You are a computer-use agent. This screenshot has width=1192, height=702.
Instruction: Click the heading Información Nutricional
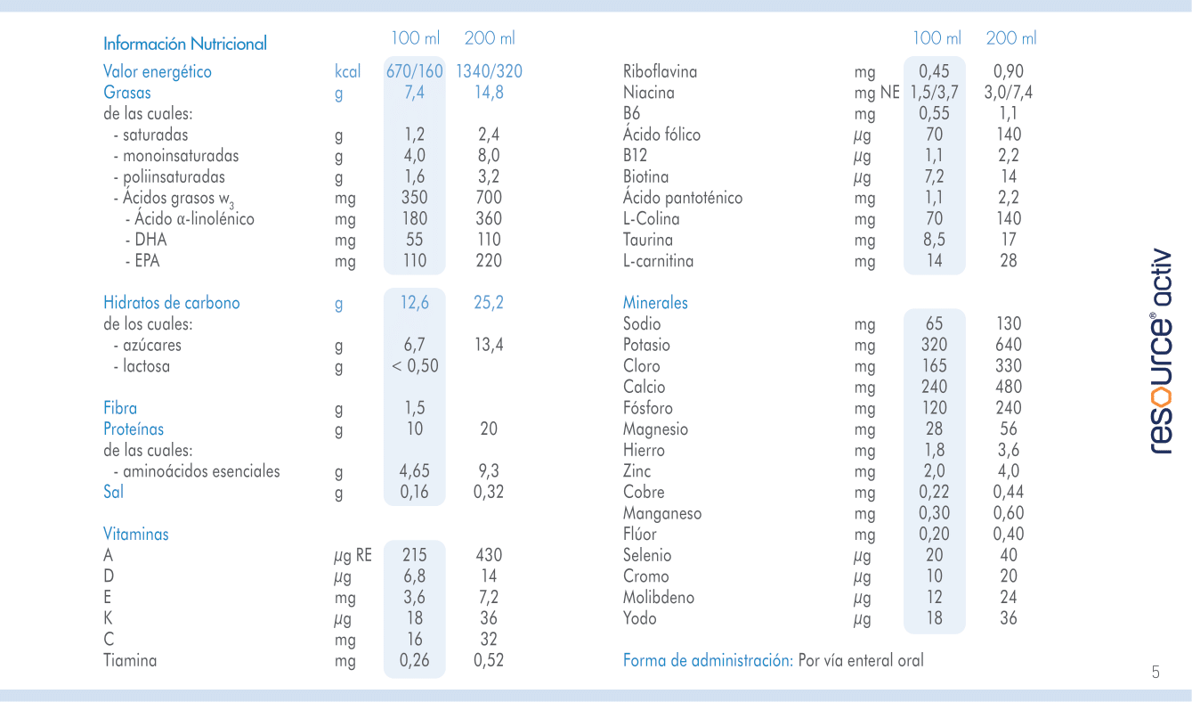(185, 44)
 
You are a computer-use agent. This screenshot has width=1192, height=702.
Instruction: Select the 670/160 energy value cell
(414, 71)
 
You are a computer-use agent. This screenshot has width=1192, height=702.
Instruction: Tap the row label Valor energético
(158, 71)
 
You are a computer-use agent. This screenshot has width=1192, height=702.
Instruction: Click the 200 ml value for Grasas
(489, 93)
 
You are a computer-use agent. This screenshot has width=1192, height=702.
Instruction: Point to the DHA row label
(150, 240)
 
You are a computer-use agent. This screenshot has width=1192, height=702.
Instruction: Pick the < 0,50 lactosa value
(415, 366)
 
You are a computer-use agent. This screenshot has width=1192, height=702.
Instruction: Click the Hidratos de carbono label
(172, 303)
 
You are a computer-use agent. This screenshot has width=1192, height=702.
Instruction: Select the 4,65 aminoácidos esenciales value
(414, 471)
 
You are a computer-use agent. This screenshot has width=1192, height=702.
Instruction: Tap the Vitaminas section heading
(135, 535)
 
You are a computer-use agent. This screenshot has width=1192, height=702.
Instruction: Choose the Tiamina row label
(130, 661)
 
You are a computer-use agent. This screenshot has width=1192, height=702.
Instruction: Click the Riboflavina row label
(660, 71)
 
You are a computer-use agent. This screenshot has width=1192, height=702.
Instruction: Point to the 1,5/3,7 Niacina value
(933, 93)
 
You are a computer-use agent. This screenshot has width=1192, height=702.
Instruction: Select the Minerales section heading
(655, 303)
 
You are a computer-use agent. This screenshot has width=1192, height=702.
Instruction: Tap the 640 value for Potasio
(1008, 345)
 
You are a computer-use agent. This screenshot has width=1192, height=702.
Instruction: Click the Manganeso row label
(662, 513)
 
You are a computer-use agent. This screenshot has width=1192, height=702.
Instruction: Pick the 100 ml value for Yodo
(934, 618)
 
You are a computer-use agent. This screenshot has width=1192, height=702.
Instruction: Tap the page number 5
(1156, 673)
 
